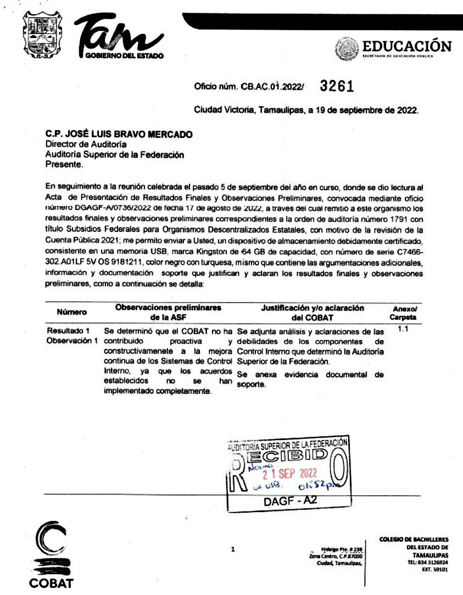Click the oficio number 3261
[x=336, y=87]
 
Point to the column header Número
[x=71, y=312]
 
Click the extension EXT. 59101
[x=436, y=570]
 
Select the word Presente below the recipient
[x=64, y=163]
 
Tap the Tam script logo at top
[x=122, y=36]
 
